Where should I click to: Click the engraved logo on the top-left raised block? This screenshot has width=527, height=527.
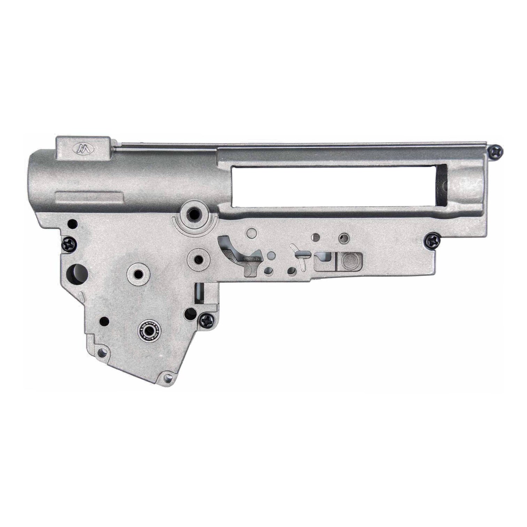(80, 148)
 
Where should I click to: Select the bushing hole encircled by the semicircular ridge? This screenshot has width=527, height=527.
(194, 212)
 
